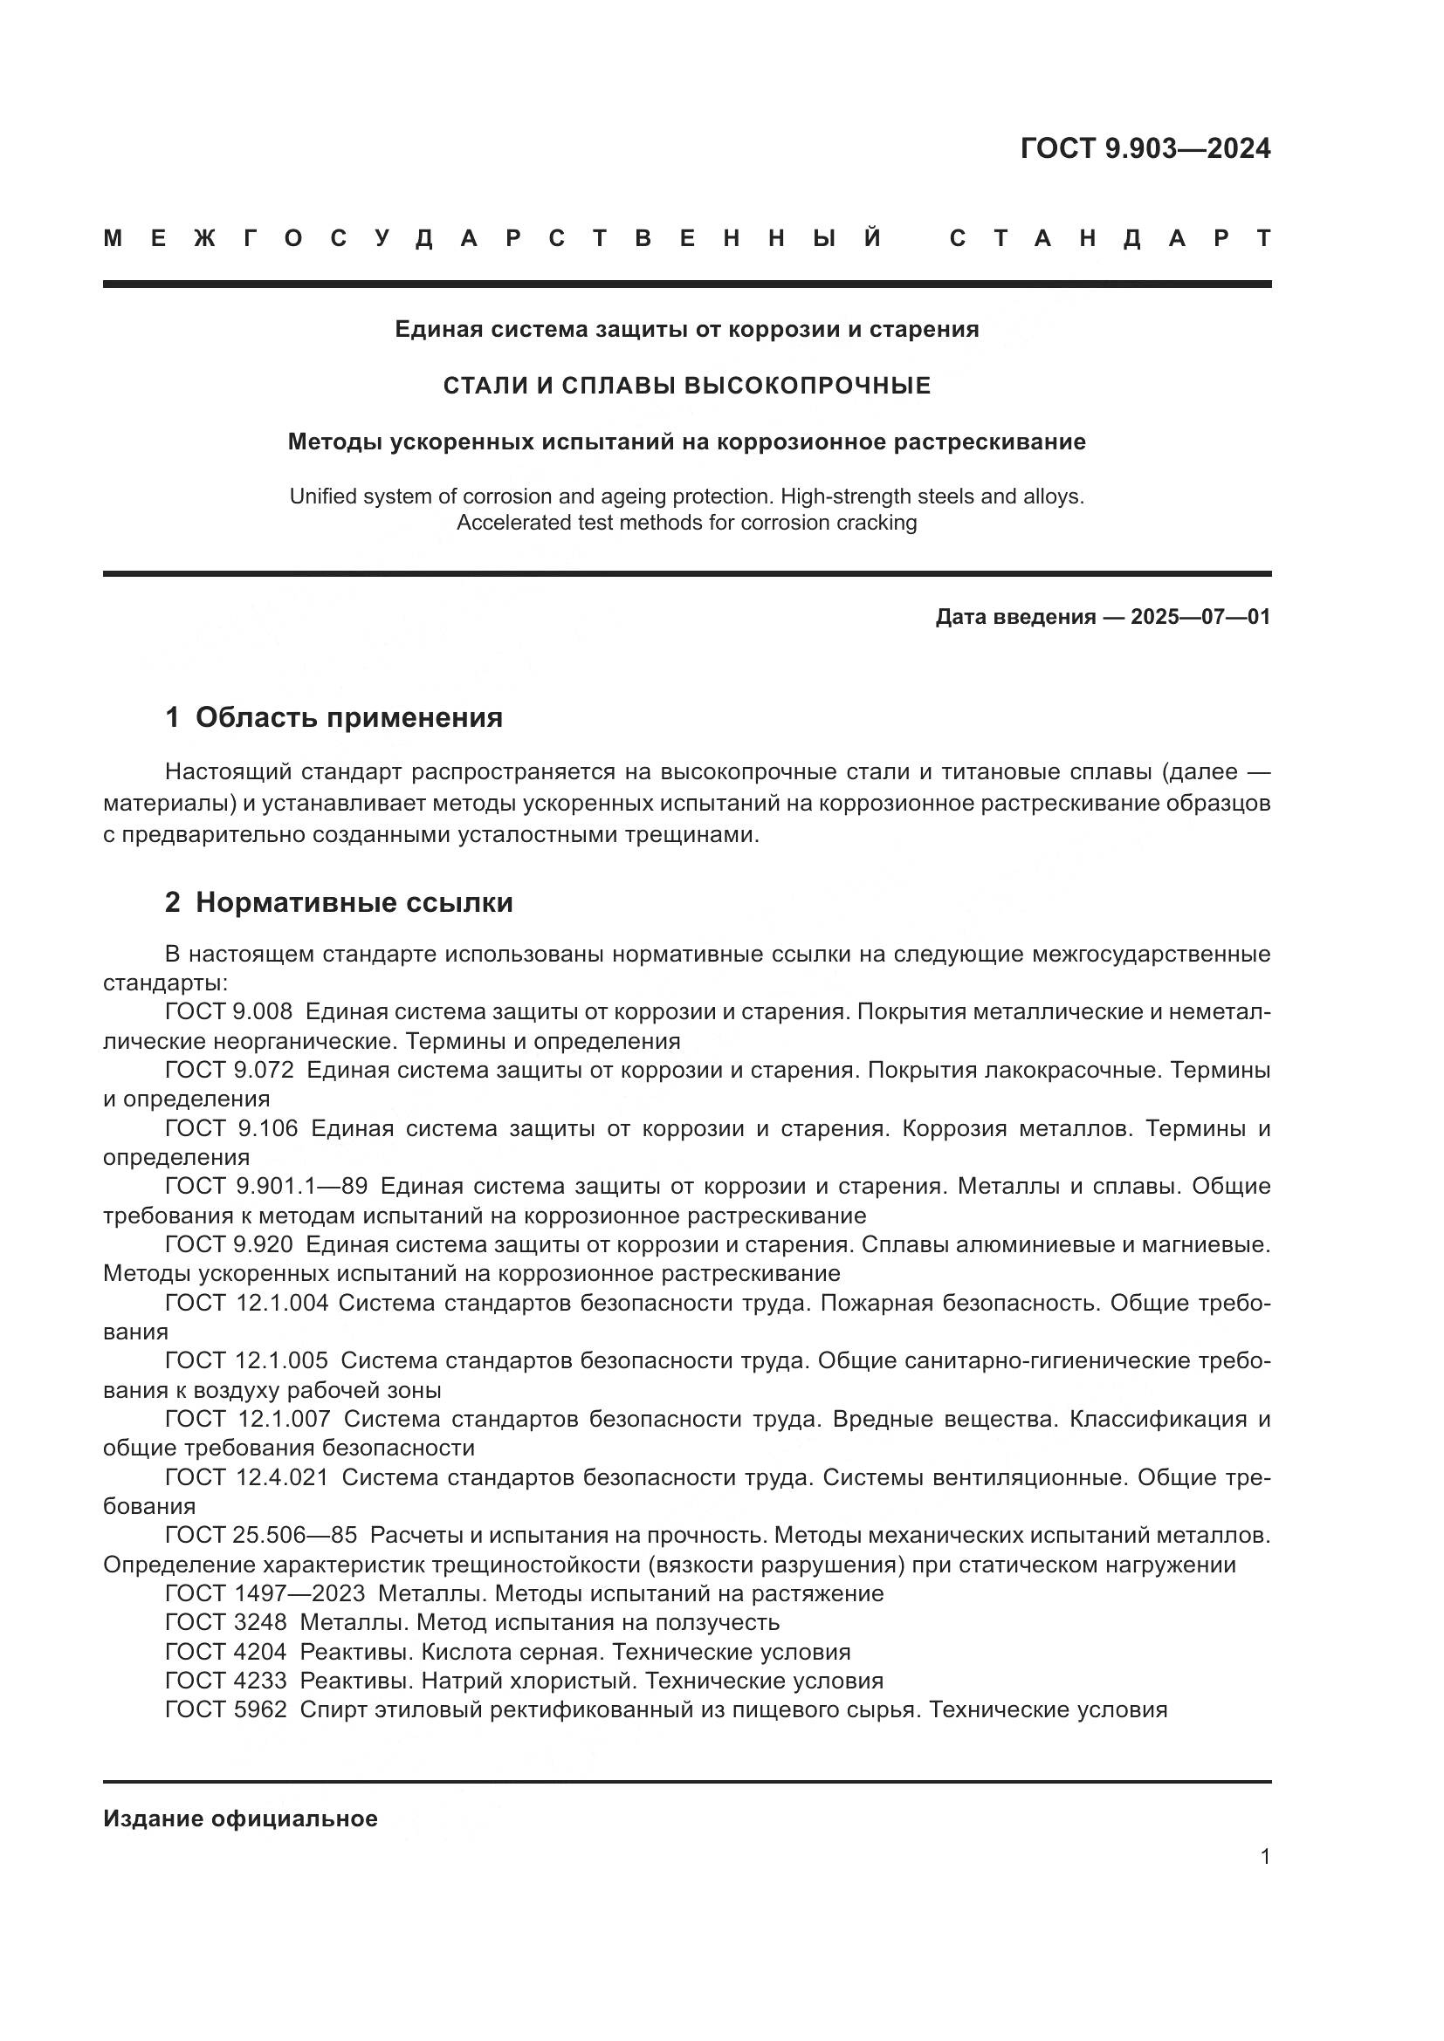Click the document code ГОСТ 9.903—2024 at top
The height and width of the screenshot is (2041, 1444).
(x=1145, y=148)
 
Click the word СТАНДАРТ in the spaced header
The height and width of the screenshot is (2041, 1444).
(x=1110, y=239)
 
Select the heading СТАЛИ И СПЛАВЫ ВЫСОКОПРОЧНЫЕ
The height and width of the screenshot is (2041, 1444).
(x=686, y=386)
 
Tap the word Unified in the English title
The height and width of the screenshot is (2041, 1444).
(x=324, y=497)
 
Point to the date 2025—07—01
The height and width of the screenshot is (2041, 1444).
(x=1200, y=617)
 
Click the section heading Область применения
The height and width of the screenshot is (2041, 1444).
(x=348, y=717)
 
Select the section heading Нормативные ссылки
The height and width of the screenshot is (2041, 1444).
(x=354, y=903)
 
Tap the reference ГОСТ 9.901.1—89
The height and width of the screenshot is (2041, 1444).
(x=266, y=1187)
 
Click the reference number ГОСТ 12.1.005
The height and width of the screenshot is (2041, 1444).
(x=246, y=1361)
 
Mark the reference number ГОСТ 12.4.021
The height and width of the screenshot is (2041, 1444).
(x=246, y=1477)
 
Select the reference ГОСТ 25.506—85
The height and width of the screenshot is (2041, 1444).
(x=260, y=1535)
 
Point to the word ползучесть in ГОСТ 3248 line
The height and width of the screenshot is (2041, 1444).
(x=717, y=1623)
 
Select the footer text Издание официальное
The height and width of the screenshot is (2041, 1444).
(x=240, y=1818)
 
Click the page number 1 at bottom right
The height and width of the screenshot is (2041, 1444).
(x=1264, y=1857)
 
